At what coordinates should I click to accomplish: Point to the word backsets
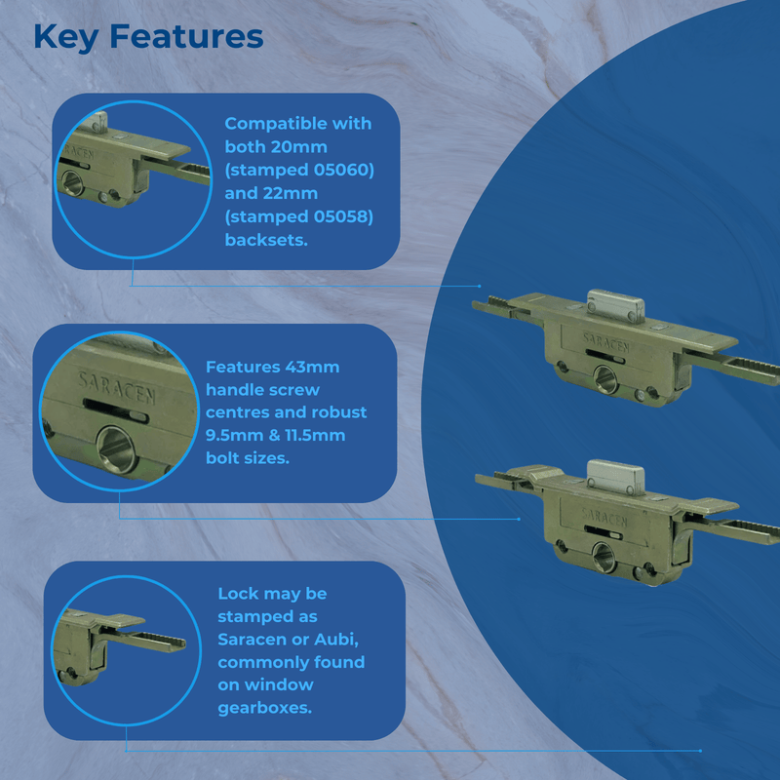[266, 240]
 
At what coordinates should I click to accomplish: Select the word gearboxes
[265, 708]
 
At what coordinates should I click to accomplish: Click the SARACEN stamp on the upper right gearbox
[606, 340]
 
